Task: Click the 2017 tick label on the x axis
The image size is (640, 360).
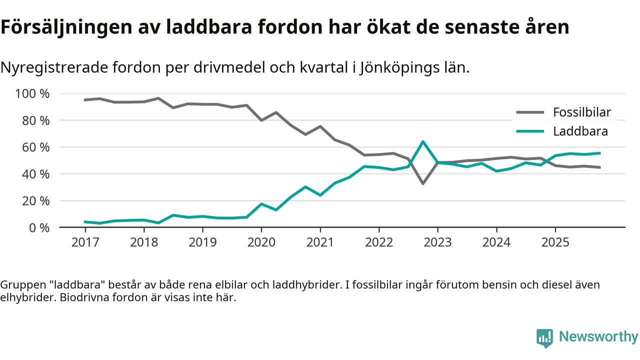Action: (85, 242)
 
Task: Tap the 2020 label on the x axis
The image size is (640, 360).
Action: (261, 242)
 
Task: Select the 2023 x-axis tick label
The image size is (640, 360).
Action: (437, 242)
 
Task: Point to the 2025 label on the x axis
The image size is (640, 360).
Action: (555, 242)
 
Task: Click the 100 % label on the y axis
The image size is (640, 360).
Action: (33, 94)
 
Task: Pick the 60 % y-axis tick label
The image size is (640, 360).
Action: (36, 147)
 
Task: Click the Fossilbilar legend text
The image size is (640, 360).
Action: (581, 112)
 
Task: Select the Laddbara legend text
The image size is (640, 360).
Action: (580, 131)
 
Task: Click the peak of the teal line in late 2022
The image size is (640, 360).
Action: (423, 141)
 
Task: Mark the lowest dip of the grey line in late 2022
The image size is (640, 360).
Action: (423, 183)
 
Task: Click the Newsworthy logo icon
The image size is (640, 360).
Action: (544, 337)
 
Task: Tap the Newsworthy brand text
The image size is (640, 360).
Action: (598, 337)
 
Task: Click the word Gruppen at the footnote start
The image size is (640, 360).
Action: (19, 285)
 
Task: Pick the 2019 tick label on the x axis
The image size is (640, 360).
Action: (202, 242)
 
